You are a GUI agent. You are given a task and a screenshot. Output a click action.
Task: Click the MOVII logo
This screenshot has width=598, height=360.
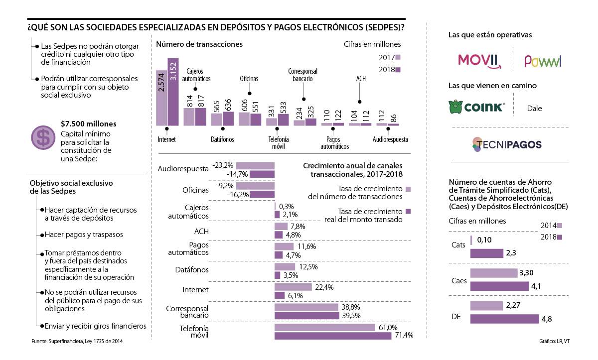pos(478,60)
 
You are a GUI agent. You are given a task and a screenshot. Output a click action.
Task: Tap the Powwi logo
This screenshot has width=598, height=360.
pos(543,61)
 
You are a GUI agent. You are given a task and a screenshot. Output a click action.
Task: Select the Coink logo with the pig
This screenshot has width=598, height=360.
pos(477,108)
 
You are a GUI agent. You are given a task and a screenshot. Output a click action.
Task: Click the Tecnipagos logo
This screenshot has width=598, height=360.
pos(507,144)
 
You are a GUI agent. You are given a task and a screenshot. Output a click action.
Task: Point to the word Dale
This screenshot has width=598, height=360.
pos(534,108)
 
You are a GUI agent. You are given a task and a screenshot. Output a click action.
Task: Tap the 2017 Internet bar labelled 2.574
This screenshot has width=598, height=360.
pos(161,98)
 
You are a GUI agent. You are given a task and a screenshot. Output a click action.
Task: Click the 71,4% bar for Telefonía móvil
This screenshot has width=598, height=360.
pos(333,336)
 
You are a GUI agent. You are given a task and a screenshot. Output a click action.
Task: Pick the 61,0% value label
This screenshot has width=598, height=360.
pos(388,327)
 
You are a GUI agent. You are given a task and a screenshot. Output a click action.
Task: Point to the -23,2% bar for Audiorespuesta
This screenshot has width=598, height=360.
pos(255,165)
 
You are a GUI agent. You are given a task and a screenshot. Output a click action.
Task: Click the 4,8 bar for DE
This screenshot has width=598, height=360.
pos(504,319)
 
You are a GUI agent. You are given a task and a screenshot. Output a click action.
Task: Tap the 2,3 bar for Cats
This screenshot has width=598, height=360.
pos(486,253)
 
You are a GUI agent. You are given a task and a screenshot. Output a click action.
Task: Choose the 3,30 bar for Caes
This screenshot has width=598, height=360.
pos(494,273)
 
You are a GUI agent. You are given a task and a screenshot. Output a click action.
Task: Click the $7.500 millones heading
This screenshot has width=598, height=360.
pos(88,124)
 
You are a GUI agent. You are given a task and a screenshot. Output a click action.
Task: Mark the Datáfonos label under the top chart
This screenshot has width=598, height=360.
pos(222,139)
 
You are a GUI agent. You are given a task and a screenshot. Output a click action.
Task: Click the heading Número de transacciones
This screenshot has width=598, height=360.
pos(199,44)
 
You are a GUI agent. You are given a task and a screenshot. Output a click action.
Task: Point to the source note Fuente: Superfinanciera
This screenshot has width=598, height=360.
pos(77,341)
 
